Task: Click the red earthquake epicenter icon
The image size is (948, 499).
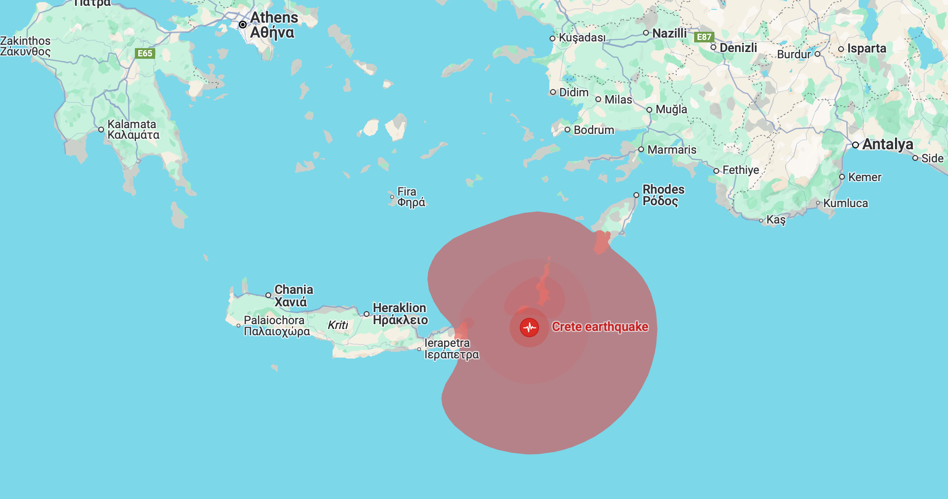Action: pyautogui.click(x=529, y=328)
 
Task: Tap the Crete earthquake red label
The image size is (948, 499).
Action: pyautogui.click(x=600, y=327)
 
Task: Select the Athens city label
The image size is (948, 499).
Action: pyautogui.click(x=274, y=25)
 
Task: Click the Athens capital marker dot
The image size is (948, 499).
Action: pyautogui.click(x=243, y=25)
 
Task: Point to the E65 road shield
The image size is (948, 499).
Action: pyautogui.click(x=145, y=53)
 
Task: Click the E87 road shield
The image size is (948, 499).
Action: pyautogui.click(x=704, y=37)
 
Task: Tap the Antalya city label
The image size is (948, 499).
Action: pyautogui.click(x=887, y=144)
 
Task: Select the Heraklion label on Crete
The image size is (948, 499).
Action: pyautogui.click(x=400, y=314)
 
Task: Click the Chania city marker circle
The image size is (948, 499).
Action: pyautogui.click(x=268, y=295)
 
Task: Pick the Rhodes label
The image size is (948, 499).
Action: pyautogui.click(x=663, y=195)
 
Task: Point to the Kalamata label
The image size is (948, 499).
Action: pyautogui.click(x=133, y=130)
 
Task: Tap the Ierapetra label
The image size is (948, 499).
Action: pyautogui.click(x=451, y=349)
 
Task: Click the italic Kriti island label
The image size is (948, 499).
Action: pyautogui.click(x=338, y=325)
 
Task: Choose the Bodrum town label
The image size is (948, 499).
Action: pyautogui.click(x=593, y=130)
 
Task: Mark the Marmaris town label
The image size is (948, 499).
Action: pyautogui.click(x=671, y=150)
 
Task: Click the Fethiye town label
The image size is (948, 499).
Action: pyautogui.click(x=740, y=170)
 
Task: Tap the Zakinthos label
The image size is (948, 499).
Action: pyautogui.click(x=25, y=46)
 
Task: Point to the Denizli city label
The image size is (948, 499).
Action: pyautogui.click(x=738, y=48)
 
